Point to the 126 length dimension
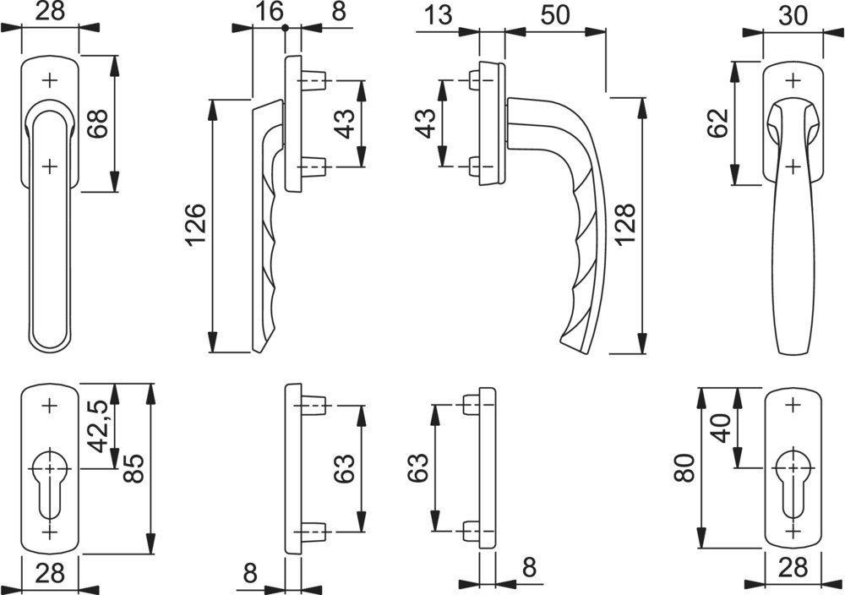click(196, 225)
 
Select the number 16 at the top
click(269, 12)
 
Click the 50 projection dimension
click(554, 14)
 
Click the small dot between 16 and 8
click(286, 28)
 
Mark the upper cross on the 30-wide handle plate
click(793, 81)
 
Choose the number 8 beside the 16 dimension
click(315, 12)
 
